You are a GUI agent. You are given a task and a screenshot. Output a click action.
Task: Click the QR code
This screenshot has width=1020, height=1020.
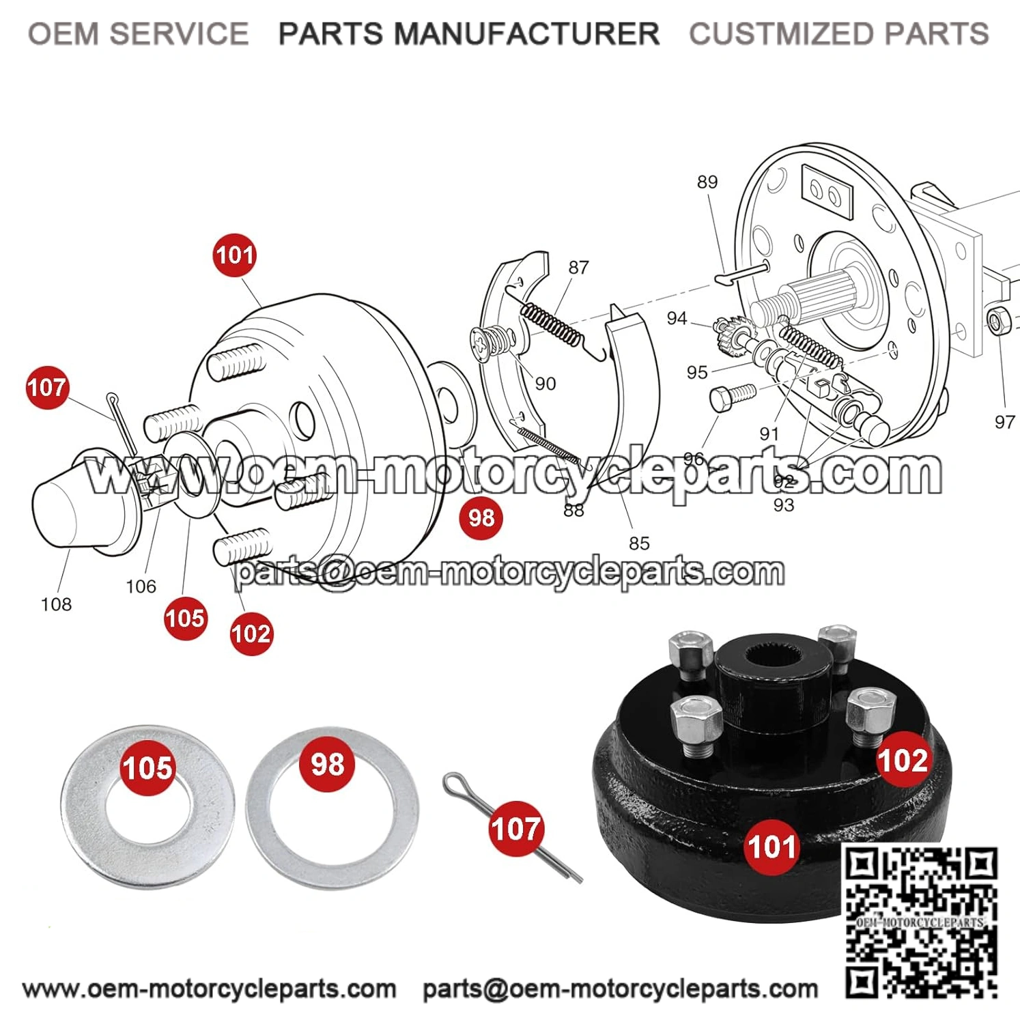(922, 922)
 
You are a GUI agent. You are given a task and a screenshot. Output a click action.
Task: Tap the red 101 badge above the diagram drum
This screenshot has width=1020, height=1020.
(235, 255)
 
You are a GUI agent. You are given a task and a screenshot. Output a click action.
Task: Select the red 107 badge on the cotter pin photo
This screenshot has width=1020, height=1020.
(516, 830)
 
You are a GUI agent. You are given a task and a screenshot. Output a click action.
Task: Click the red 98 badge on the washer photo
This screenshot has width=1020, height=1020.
(328, 764)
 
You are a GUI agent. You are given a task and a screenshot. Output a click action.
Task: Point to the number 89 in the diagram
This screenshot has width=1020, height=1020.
(707, 182)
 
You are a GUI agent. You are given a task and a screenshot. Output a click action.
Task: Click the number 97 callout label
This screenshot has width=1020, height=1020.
(1004, 422)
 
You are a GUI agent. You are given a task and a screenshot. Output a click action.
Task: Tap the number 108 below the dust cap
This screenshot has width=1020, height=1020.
(56, 604)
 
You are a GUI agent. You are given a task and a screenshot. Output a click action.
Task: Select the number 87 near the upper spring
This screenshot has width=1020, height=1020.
(578, 268)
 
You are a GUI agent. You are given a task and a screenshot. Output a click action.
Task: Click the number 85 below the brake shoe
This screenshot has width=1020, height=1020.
(639, 543)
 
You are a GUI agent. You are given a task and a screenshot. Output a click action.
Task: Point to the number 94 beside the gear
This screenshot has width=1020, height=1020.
(677, 318)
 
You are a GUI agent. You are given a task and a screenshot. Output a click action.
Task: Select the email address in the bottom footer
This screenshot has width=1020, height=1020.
(620, 989)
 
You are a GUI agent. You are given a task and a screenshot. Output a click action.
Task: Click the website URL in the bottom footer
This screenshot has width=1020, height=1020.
(209, 989)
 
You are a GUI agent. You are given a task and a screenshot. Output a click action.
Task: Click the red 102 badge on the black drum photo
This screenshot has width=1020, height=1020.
(903, 760)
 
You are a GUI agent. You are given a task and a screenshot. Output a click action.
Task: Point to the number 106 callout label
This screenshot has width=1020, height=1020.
(141, 586)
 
